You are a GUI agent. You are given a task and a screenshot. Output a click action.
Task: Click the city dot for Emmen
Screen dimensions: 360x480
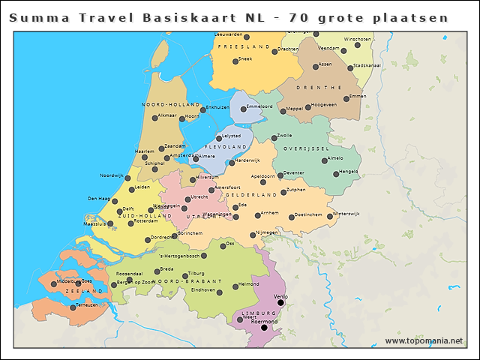point(346,98)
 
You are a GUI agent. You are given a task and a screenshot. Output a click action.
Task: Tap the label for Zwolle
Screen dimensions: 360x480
point(284,136)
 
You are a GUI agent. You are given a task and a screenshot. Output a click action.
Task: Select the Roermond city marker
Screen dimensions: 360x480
point(263,327)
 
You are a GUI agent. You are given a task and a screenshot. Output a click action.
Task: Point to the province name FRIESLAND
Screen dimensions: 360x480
point(243,46)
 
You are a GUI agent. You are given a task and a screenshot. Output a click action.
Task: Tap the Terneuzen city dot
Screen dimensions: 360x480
point(73,307)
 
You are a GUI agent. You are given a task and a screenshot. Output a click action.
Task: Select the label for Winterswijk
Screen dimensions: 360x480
point(346,214)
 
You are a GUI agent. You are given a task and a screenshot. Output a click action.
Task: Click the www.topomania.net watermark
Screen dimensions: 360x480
point(423,341)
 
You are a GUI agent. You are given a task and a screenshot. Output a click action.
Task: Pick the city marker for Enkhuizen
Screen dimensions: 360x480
point(202,109)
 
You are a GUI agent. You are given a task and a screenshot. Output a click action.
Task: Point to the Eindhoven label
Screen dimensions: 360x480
point(203,289)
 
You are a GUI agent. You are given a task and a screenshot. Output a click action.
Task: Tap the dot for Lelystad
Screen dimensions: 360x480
point(218,138)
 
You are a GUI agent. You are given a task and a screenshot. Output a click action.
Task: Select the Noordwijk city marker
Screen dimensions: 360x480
point(128,178)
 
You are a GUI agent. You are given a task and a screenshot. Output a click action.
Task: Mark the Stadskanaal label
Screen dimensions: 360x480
point(367,65)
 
